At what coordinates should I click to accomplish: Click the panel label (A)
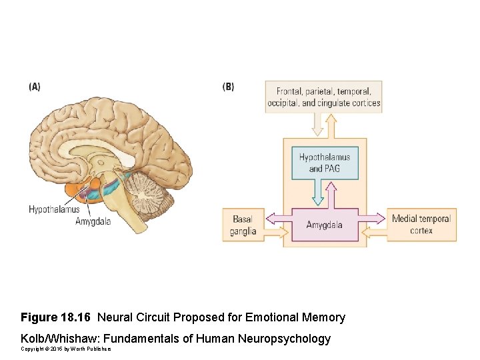(35, 87)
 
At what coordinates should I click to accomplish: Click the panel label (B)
(228, 87)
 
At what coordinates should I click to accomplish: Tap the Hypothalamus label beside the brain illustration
(54, 209)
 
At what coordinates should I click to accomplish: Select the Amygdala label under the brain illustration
(93, 221)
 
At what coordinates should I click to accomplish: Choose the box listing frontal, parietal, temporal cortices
(323, 97)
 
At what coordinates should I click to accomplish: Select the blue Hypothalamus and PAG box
(325, 163)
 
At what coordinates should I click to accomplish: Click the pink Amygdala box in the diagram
(325, 225)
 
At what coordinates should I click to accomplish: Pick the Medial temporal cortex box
(421, 225)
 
